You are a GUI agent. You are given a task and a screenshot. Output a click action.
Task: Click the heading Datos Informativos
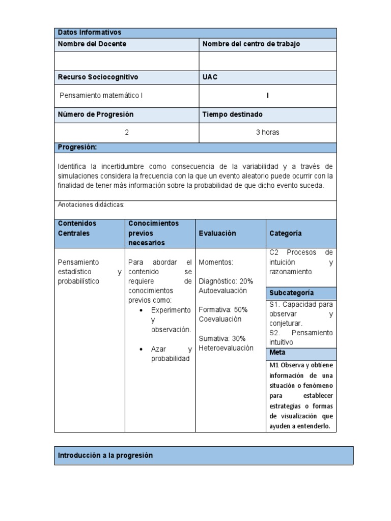[x=90, y=33]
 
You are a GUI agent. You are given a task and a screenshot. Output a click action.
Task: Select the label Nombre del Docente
[x=92, y=44]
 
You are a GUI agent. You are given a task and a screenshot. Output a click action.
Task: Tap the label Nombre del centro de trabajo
[x=252, y=44]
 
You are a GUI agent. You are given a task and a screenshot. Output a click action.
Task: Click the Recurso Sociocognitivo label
[x=98, y=77]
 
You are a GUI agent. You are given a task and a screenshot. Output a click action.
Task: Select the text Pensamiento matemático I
[x=105, y=96]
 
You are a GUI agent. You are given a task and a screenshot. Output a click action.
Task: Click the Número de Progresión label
[x=96, y=114]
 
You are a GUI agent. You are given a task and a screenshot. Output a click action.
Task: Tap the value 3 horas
[x=267, y=132]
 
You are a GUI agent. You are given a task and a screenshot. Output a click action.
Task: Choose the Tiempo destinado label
[x=233, y=114]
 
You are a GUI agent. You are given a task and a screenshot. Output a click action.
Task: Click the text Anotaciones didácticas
[x=91, y=205]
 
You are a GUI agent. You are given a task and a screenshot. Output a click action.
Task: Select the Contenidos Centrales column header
[x=77, y=228]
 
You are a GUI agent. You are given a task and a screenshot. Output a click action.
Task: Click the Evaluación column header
[x=217, y=233]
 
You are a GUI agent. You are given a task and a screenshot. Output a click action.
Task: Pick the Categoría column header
[x=286, y=233]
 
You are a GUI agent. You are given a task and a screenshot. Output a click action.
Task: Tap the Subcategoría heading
[x=292, y=293]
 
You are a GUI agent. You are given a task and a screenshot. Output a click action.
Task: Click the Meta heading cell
[x=277, y=353]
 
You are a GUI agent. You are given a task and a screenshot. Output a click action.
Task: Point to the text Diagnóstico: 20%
[x=226, y=281]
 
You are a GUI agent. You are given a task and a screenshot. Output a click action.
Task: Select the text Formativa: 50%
[x=223, y=309]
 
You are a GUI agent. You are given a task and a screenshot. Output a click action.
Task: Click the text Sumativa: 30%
[x=222, y=338]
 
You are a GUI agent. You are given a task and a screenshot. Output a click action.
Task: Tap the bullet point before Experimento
[x=140, y=310]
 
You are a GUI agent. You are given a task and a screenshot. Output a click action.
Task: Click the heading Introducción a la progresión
[x=105, y=455]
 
